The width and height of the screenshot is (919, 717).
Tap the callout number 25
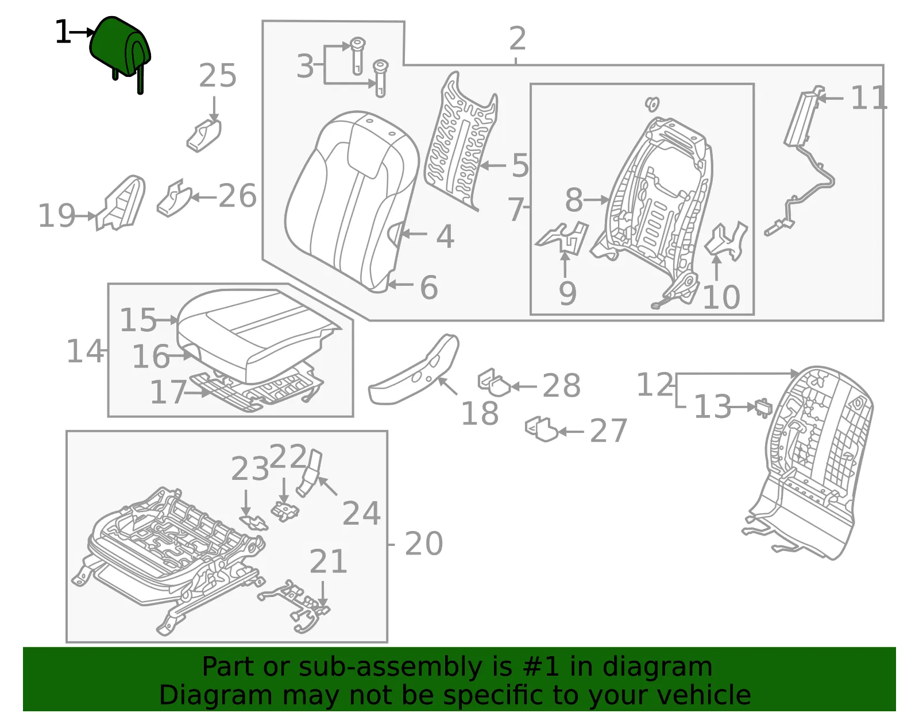click(217, 76)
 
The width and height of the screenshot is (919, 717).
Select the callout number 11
click(868, 98)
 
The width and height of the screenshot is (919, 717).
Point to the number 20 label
click(424, 544)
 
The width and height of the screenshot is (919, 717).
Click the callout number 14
click(85, 351)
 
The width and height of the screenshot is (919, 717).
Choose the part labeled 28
click(494, 383)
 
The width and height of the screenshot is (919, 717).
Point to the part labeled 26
click(174, 199)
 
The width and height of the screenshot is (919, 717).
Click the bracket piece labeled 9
click(562, 238)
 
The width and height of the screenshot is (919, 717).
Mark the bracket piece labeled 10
click(726, 241)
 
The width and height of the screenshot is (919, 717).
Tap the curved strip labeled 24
click(310, 473)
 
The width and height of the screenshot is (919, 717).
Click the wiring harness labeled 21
click(295, 605)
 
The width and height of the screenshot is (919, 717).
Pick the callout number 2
click(518, 38)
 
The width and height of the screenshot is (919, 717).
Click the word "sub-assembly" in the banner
click(390, 667)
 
